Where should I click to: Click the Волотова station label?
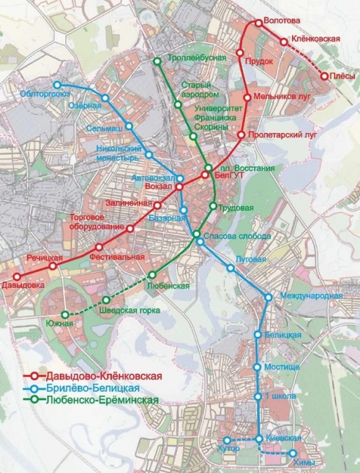(282, 20)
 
